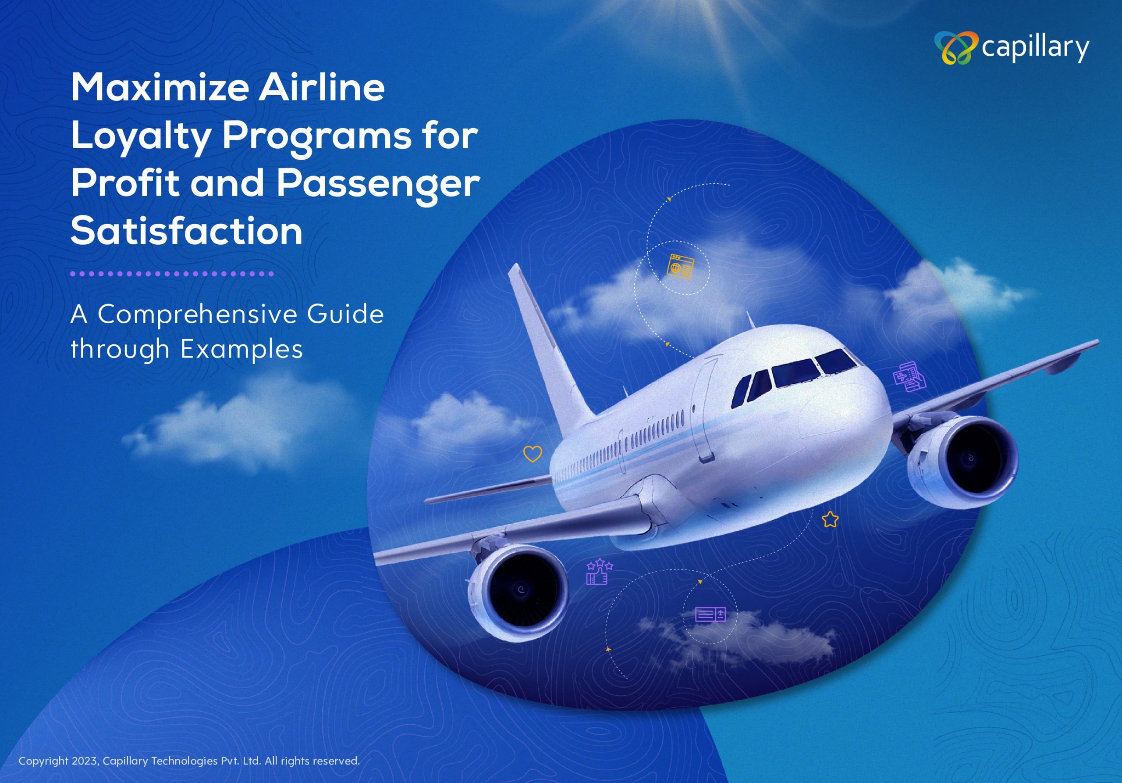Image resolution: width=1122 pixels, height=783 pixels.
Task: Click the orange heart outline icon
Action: pos(533,454)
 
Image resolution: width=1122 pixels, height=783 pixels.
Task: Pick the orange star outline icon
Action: pos(830,519)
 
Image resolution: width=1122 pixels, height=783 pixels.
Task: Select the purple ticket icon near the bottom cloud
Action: pos(710,614)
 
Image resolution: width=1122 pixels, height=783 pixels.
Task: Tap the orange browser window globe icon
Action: pos(681,267)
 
